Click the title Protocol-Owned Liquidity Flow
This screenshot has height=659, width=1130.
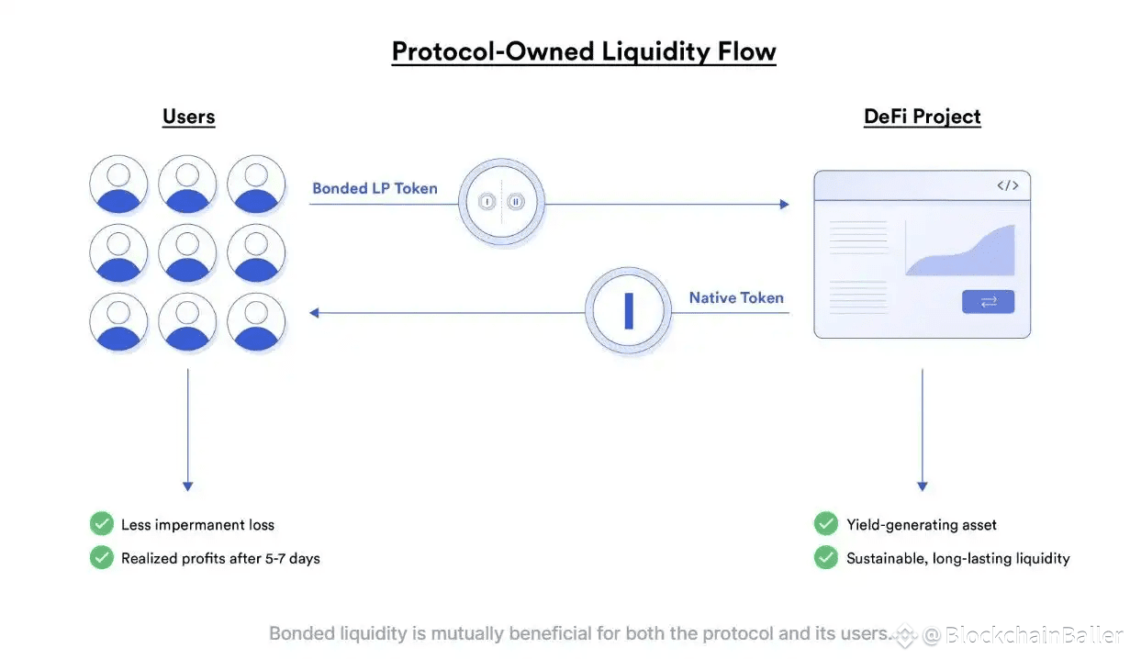584,51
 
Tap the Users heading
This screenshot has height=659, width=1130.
188,117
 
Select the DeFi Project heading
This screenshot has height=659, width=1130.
922,117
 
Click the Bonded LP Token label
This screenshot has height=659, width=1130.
375,188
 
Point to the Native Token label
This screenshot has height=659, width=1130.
736,297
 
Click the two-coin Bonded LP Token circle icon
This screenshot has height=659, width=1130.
501,202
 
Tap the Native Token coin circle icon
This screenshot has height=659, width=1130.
629,311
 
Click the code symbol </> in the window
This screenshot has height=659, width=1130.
1007,185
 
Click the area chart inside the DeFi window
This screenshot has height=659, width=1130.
960,251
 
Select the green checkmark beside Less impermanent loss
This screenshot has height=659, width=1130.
101,524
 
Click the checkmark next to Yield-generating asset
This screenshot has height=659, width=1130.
826,524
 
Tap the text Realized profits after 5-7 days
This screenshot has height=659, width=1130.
220,558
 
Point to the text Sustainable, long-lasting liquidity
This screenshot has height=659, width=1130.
957,558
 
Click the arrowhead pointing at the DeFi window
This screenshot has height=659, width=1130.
784,204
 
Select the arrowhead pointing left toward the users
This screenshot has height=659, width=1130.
314,313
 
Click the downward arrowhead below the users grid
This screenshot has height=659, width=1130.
187,486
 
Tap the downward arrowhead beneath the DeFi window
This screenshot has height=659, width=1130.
922,486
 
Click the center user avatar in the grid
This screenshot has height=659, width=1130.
187,252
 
